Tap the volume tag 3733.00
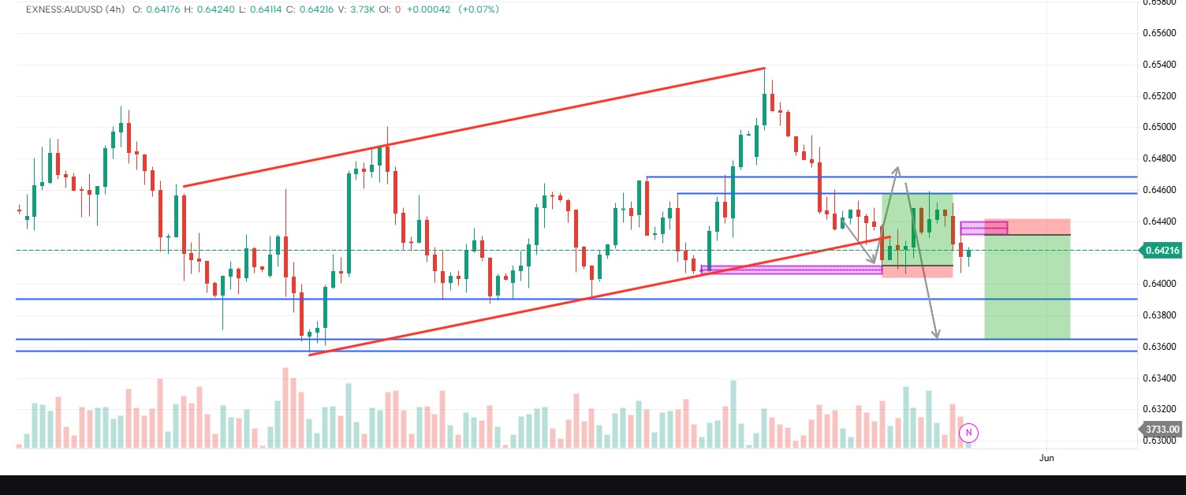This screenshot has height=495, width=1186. pos(1162,429)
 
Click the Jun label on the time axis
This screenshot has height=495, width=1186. pos(1046,457)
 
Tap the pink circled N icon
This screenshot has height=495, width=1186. pos(969,432)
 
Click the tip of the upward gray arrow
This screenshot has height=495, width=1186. pos(897,167)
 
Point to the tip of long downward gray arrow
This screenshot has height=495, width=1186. pos(937,337)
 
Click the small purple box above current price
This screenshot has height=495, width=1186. pos(983,228)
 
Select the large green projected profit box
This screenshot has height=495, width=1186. pos(1027,288)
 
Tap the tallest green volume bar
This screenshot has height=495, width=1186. pos(733,414)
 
